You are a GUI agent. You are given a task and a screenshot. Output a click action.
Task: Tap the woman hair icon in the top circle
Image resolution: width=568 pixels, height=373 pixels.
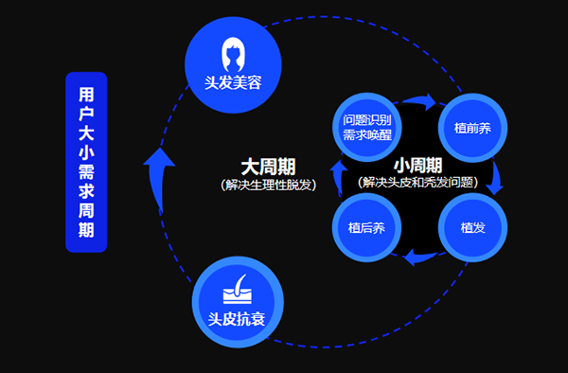[x=233, y=50]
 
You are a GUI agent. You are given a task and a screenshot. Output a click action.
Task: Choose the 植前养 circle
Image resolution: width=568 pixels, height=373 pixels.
[x=471, y=126]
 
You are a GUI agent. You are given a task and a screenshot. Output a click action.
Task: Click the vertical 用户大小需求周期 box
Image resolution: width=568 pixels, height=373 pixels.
[x=86, y=162]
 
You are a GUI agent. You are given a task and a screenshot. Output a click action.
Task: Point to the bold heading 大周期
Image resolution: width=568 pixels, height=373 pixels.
[x=261, y=167]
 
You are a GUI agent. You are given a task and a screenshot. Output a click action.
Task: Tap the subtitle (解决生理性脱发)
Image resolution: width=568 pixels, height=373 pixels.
[x=262, y=184]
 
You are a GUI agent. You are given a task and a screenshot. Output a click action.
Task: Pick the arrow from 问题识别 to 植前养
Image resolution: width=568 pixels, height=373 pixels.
[x=419, y=100]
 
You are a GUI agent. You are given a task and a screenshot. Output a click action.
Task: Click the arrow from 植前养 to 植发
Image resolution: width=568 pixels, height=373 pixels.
[x=495, y=180]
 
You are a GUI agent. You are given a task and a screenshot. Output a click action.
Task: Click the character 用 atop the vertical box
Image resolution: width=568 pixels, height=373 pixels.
[x=86, y=95]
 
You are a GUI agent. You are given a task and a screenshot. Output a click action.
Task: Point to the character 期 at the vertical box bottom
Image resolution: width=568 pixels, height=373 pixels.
[x=86, y=230]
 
